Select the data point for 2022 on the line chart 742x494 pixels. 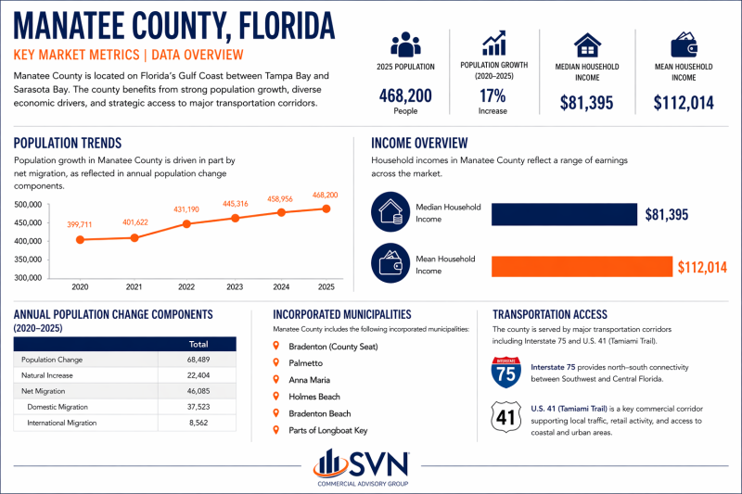(186, 224)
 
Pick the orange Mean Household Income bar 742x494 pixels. (581, 266)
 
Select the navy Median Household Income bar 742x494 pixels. (564, 215)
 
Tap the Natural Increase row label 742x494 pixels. (47, 374)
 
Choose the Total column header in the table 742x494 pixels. (198, 344)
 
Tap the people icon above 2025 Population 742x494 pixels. (405, 44)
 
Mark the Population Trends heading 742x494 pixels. (67, 143)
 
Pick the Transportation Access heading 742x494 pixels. (550, 314)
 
